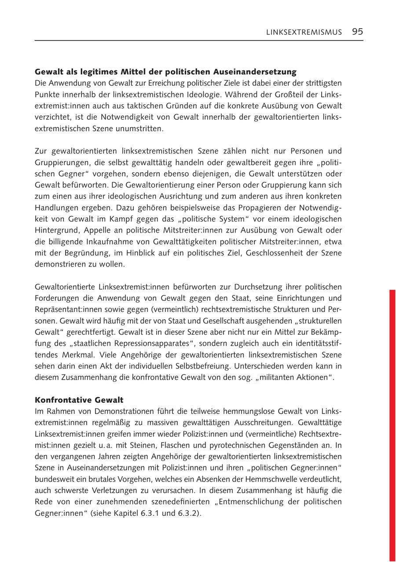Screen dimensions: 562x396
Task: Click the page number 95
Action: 357,32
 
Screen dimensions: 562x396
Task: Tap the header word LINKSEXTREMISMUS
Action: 304,32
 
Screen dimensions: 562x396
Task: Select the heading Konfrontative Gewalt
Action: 79,400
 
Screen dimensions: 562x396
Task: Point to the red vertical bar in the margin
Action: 392,423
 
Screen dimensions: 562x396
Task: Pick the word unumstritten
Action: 141,129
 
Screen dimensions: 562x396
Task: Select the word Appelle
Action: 101,230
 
